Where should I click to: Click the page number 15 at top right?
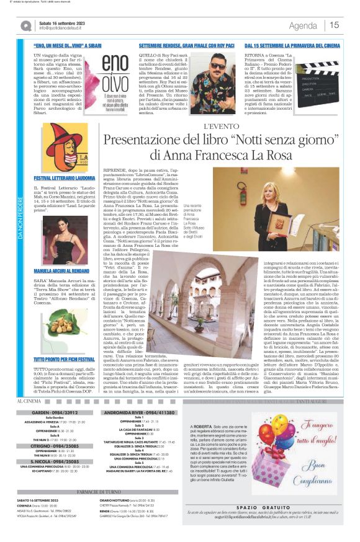pos(334,25)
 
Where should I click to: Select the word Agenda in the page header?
pos(303,25)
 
